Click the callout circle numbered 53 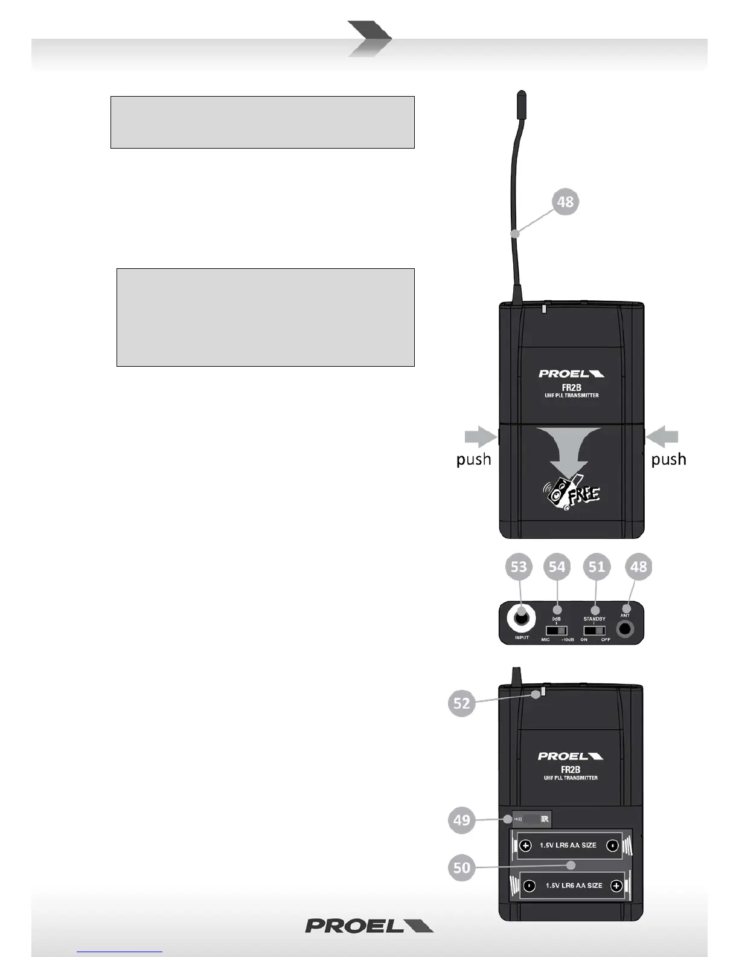[519, 567]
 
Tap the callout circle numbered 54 [557, 567]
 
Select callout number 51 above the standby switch [596, 567]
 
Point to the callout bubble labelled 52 [462, 703]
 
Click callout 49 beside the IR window [462, 820]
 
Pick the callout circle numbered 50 [462, 868]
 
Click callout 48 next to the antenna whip [565, 202]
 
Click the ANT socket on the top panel [625, 630]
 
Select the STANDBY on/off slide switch [595, 631]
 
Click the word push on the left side [473, 460]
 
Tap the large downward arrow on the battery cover [572, 450]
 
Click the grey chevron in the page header [369, 39]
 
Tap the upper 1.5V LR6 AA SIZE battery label [568, 845]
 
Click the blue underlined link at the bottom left [120, 950]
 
